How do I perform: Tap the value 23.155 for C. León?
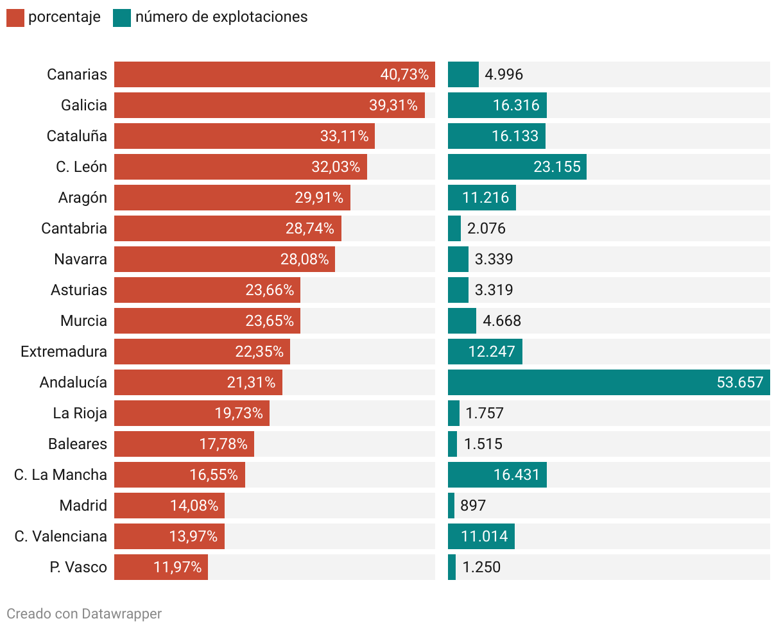[556, 167]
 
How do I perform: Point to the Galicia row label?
[84, 105]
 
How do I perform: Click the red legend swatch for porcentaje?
[15, 18]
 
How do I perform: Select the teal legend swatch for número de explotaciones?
[122, 18]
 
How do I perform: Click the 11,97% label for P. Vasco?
[178, 567]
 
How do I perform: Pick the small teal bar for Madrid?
[451, 506]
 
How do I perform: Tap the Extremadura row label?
[64, 352]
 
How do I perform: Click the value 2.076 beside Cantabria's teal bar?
[486, 228]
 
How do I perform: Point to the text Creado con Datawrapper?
[84, 614]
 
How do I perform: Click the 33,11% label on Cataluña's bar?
[345, 136]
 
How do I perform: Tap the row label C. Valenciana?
[61, 536]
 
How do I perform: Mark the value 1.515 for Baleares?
[483, 444]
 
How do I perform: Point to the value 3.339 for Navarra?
[494, 259]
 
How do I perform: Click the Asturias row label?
[79, 290]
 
